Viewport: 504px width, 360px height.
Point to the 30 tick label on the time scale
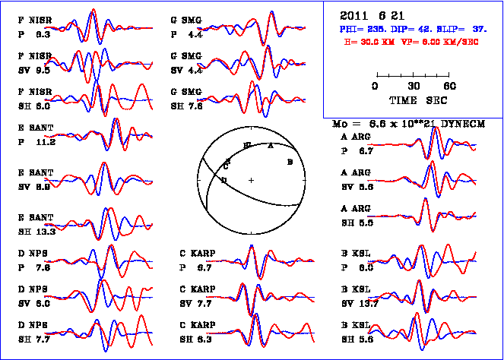point(414,86)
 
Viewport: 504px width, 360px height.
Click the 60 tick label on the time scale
point(450,86)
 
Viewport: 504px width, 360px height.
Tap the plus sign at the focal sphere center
point(251,179)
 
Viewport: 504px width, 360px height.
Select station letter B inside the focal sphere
point(290,162)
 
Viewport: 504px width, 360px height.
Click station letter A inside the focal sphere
point(271,146)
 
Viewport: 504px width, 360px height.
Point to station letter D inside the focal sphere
point(223,180)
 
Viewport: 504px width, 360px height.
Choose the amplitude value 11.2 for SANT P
point(46,141)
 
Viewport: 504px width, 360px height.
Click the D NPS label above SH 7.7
point(35,326)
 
